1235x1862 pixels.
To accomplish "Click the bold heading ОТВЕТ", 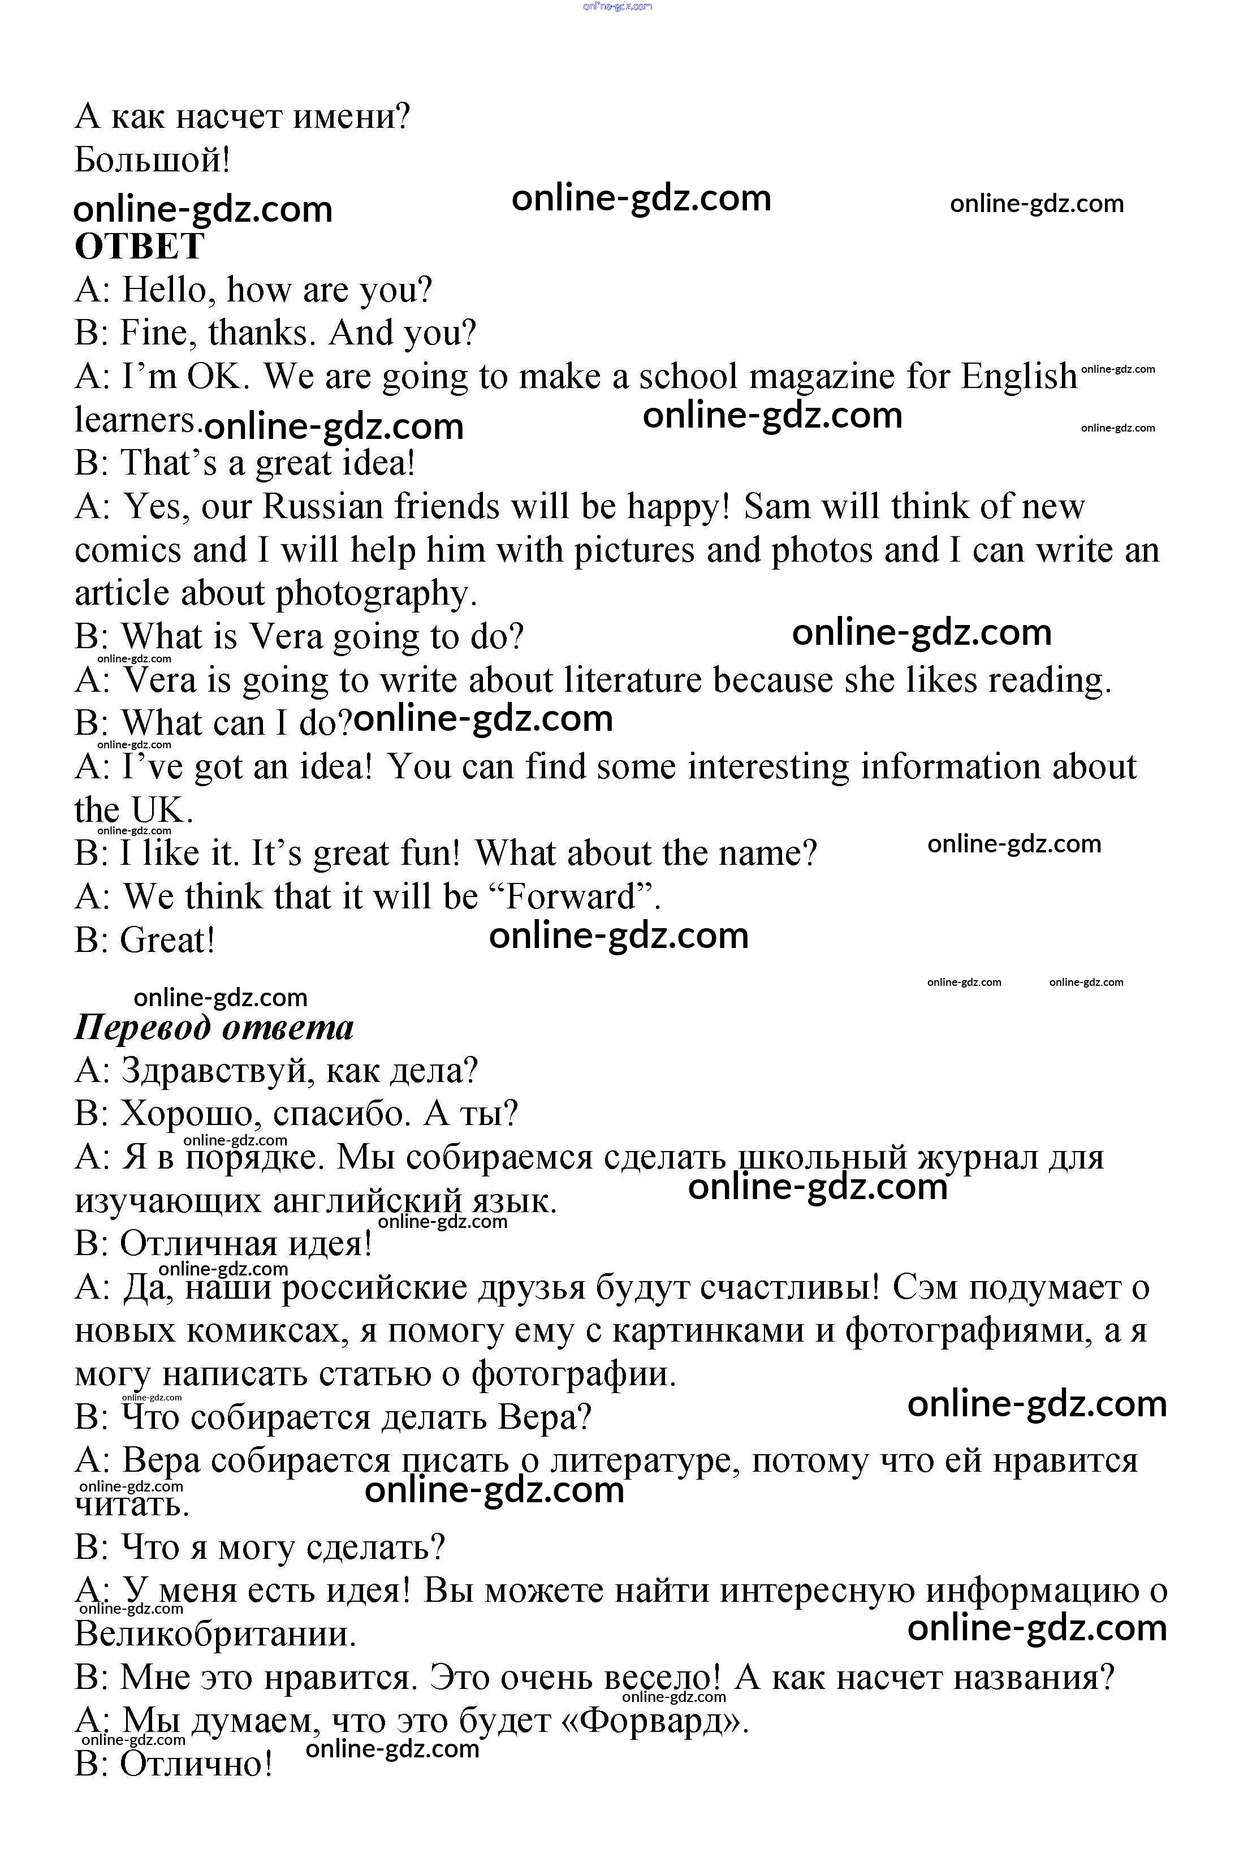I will click(x=140, y=247).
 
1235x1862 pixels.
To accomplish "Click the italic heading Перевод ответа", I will click(x=214, y=1027).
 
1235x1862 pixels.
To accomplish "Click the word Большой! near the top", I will click(x=153, y=160).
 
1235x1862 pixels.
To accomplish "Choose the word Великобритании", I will click(x=216, y=1635).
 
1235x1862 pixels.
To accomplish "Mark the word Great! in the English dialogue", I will click(x=167, y=939).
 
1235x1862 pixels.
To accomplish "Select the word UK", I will click(x=160, y=810).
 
